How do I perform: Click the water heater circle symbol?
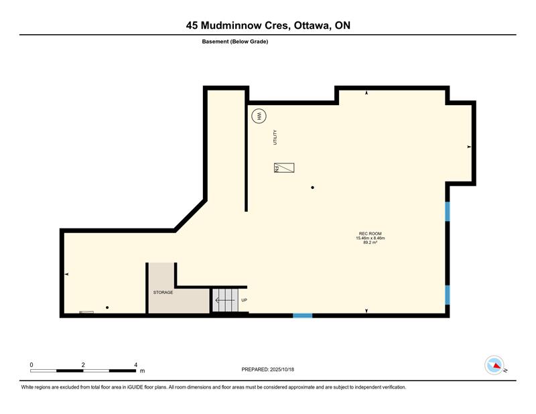click(x=259, y=117)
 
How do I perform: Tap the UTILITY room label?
click(x=275, y=137)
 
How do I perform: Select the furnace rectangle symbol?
click(x=284, y=168)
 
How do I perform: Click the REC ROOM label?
click(x=371, y=234)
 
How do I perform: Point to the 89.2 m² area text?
click(x=371, y=243)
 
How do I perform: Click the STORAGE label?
click(x=163, y=293)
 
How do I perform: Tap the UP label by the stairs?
click(x=244, y=300)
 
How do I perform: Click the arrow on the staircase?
click(x=224, y=300)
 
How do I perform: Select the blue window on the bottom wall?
click(x=303, y=316)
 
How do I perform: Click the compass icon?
click(x=494, y=365)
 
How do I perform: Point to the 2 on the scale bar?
click(x=83, y=365)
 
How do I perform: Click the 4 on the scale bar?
click(x=136, y=365)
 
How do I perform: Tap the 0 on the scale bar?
click(x=31, y=365)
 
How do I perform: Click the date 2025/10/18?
click(x=282, y=370)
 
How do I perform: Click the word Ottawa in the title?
click(x=312, y=25)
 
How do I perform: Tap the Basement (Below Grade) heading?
click(x=235, y=42)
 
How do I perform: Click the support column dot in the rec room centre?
click(x=312, y=188)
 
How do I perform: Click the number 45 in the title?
click(x=192, y=25)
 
